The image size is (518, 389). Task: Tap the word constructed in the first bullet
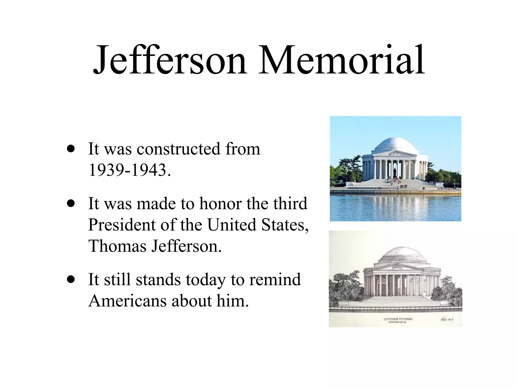tap(178, 149)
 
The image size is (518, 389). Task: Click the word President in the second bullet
tap(121, 225)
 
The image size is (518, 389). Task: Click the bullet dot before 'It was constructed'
tap(71, 149)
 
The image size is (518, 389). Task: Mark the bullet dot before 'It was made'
tap(71, 203)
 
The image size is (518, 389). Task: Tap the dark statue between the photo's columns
tap(395, 172)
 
